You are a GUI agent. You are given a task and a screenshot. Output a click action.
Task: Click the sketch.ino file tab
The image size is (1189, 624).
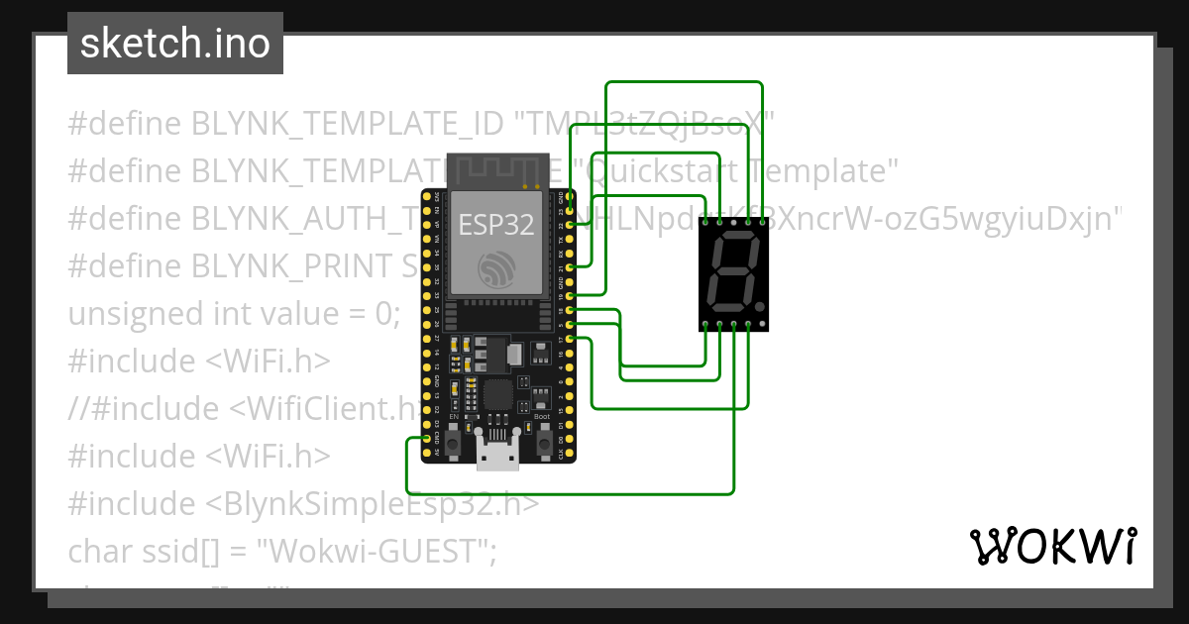pos(175,44)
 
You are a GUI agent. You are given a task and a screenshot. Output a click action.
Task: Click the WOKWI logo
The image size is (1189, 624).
pos(1052,546)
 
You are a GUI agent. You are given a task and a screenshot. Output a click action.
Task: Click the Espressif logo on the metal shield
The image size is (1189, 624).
pos(495,268)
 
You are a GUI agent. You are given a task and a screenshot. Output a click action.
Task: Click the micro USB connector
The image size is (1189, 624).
pos(497,454)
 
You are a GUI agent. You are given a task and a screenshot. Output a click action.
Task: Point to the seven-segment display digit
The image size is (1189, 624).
pos(734,274)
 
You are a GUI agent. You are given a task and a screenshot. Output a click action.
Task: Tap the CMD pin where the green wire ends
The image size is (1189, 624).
pos(427,438)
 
